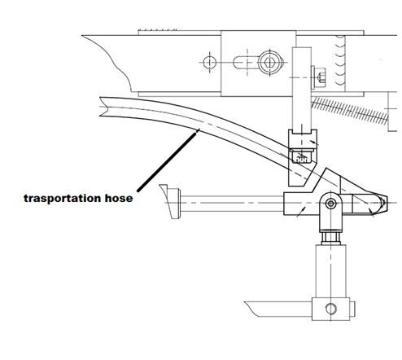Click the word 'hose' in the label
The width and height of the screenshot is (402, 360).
tap(119, 198)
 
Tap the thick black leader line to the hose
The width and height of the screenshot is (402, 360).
tap(168, 160)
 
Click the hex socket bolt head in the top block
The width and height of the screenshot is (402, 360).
tap(269, 63)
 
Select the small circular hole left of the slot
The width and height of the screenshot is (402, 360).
tap(210, 63)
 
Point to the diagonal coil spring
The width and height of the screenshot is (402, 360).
tap(350, 111)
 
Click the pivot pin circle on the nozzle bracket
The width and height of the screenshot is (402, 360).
tap(330, 203)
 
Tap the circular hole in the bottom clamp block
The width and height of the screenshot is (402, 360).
tap(330, 309)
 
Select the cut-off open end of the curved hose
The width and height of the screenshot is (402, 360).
tap(103, 107)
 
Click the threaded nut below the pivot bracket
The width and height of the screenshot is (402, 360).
tap(330, 237)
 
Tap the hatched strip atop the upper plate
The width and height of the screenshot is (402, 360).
tap(157, 30)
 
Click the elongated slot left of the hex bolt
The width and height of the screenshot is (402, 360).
tap(245, 62)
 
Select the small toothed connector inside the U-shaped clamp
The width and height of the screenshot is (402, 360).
tap(302, 157)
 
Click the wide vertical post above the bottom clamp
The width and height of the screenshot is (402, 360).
tap(330, 271)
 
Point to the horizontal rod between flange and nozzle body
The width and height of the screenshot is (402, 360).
tap(232, 203)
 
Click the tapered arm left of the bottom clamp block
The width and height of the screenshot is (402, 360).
tap(278, 309)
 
